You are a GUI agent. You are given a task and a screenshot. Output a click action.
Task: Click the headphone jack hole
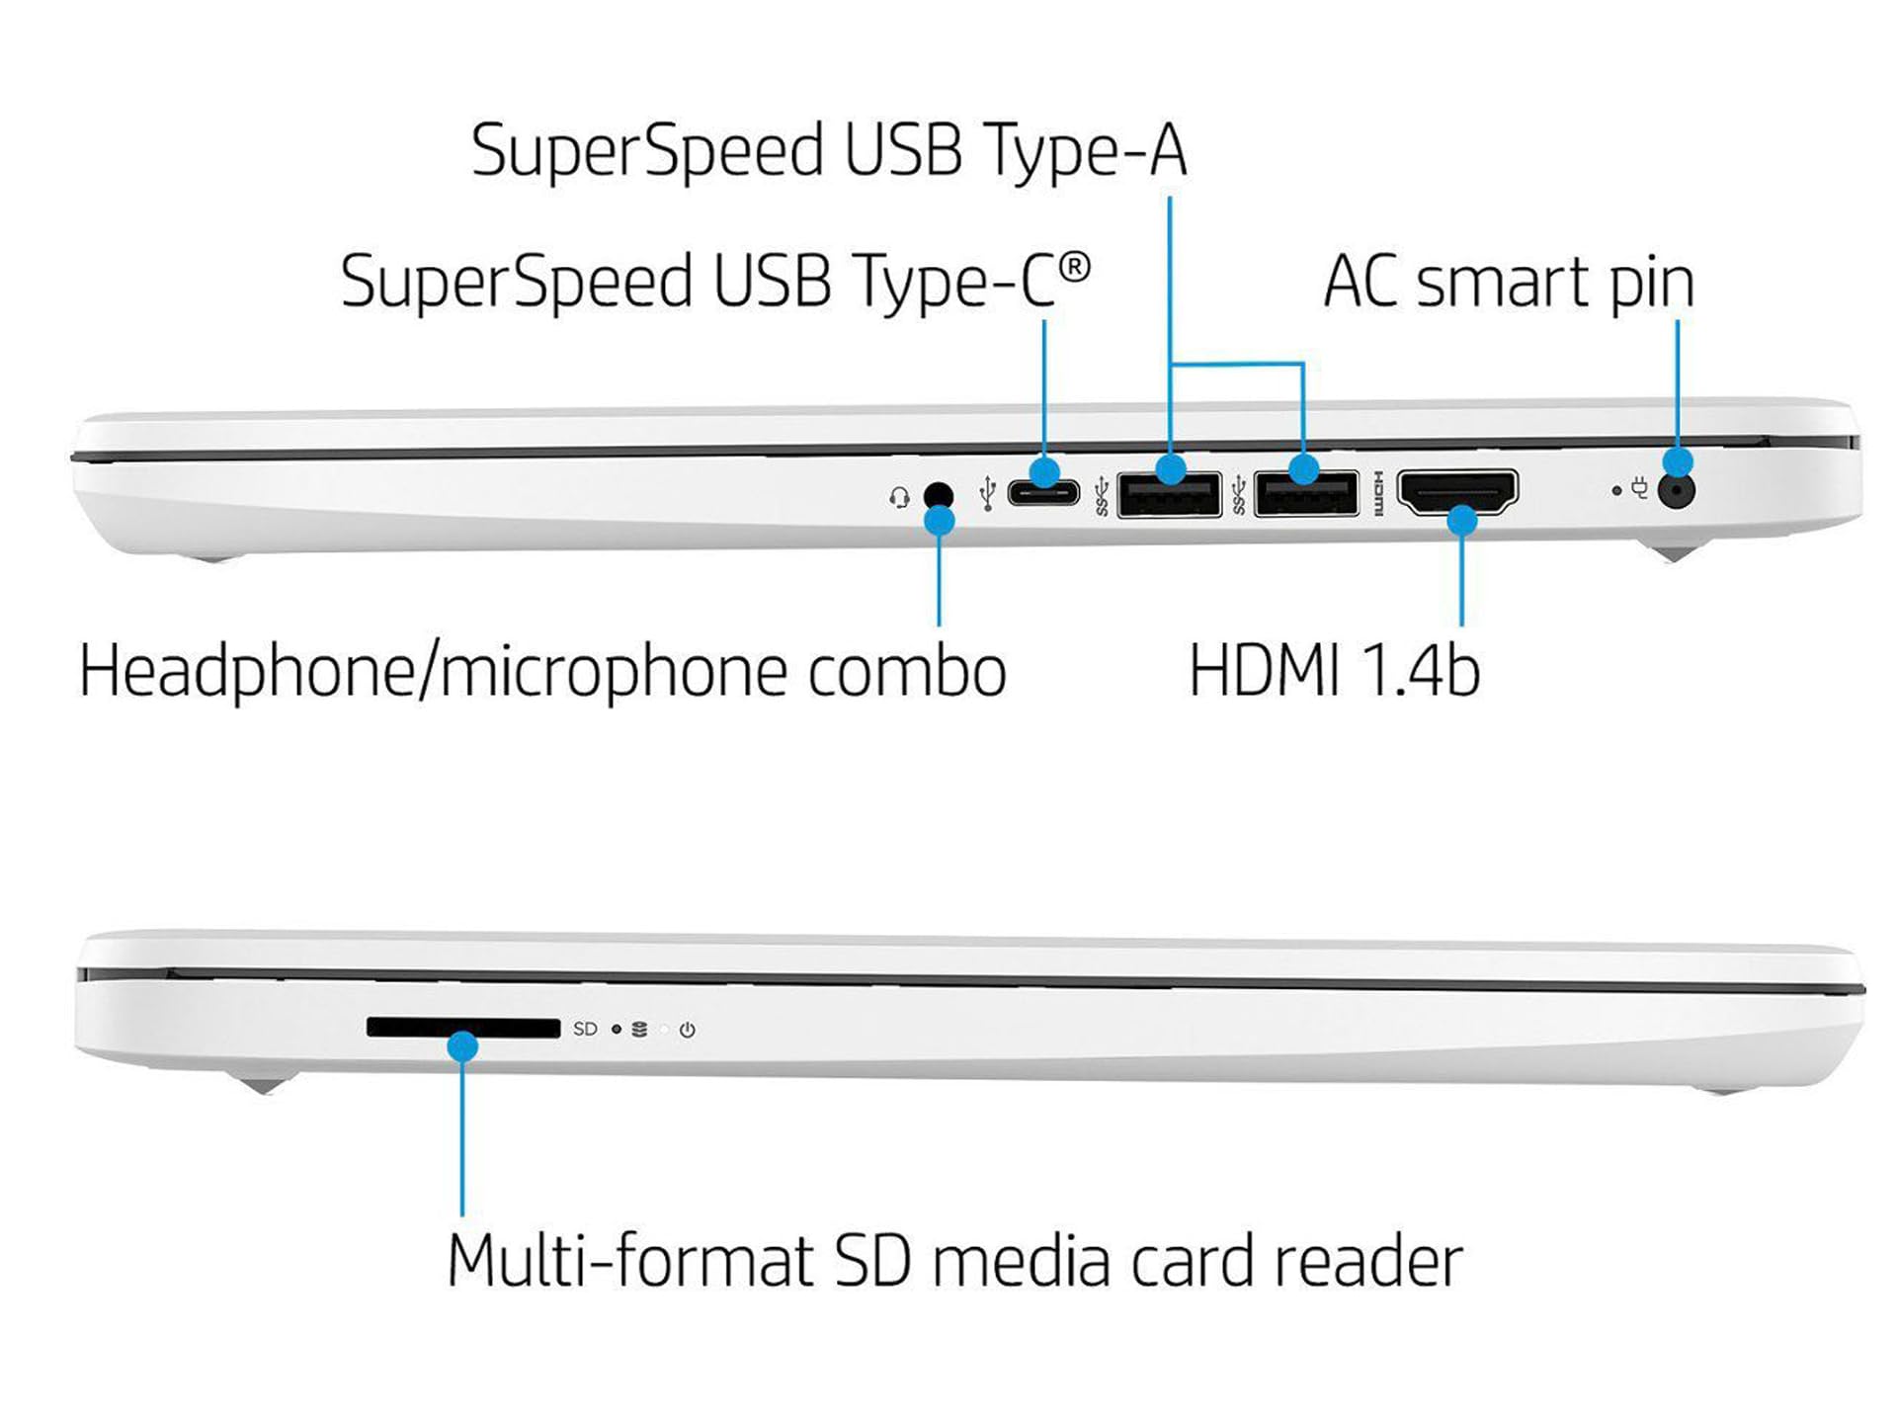[x=938, y=493]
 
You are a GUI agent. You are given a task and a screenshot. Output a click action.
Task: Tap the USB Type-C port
[x=1043, y=492]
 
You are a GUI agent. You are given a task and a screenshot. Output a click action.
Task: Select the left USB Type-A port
[x=1169, y=494]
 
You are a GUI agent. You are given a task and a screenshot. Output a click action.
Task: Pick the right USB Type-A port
[x=1306, y=494]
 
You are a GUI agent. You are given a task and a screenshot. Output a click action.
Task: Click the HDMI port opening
[x=1457, y=491]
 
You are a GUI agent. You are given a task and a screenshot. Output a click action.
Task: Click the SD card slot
[x=462, y=1028]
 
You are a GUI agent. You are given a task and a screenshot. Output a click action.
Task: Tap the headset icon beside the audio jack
[x=899, y=496]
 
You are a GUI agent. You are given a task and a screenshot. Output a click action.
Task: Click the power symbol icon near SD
[x=688, y=1030]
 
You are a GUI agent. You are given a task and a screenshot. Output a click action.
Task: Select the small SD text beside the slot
[x=585, y=1029]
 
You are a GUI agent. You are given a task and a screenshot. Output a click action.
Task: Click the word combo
[x=907, y=671]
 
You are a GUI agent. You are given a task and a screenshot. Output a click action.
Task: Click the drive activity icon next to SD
[x=639, y=1030]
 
